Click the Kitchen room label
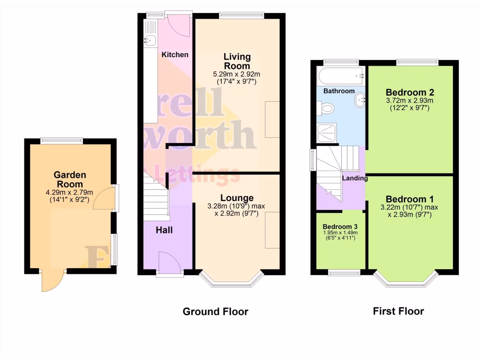click(175, 55)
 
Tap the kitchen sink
click(150, 40)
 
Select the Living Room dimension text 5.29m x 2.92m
click(237, 74)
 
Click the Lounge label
click(237, 198)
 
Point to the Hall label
click(164, 230)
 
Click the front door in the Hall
click(169, 262)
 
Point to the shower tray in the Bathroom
click(328, 133)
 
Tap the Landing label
click(354, 179)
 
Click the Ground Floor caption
click(215, 312)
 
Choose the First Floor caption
click(398, 311)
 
